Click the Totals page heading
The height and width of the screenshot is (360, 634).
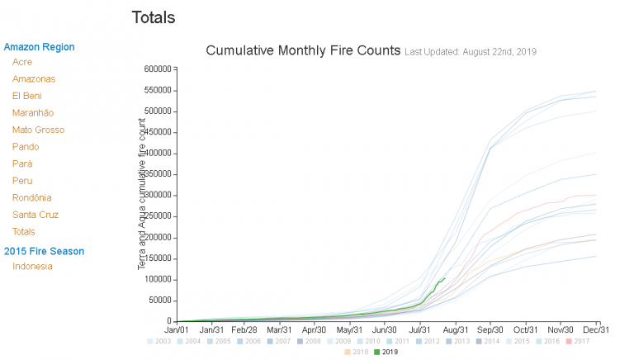coord(153,17)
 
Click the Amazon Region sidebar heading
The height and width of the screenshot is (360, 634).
coord(39,47)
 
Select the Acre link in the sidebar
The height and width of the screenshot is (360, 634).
coord(22,62)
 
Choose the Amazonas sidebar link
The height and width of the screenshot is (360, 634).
coord(34,79)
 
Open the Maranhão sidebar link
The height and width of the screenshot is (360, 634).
coord(33,113)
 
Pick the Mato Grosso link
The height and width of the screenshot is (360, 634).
coord(38,130)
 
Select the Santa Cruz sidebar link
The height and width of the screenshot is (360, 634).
coord(35,215)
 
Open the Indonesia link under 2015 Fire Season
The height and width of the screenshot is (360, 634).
coord(32,266)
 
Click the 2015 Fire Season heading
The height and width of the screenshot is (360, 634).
coord(44,251)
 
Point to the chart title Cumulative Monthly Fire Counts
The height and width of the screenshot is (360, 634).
coord(303,51)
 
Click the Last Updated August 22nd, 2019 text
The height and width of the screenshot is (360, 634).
coord(471,52)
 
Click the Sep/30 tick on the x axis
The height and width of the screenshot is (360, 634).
coord(490,329)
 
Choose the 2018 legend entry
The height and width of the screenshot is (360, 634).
coord(357,352)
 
